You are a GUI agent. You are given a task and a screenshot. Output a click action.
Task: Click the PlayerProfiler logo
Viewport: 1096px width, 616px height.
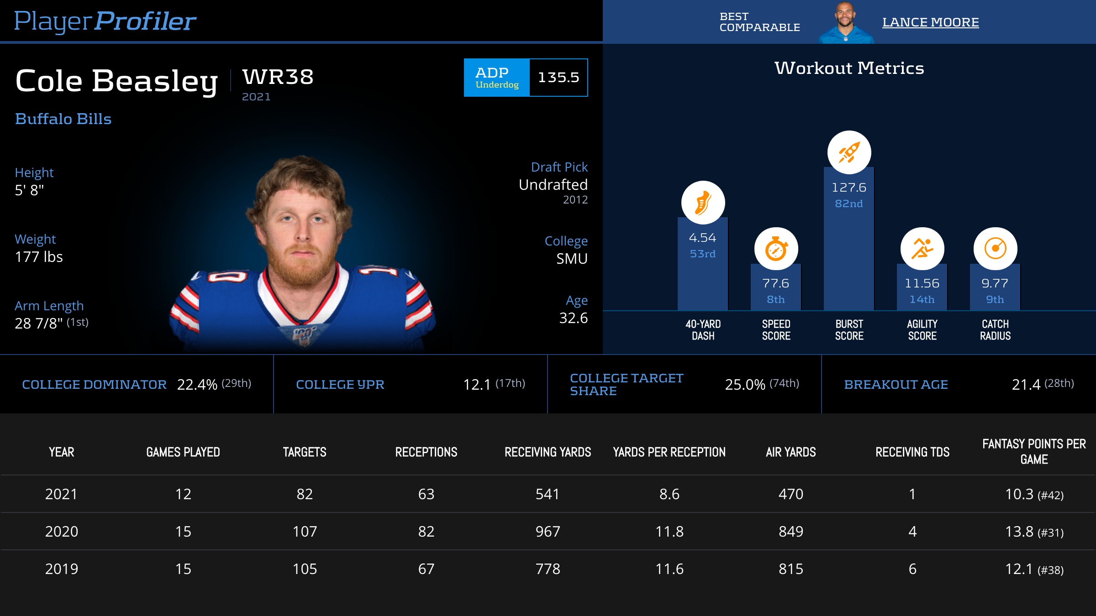point(105,21)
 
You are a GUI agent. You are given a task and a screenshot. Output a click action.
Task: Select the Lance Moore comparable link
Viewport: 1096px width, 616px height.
point(930,22)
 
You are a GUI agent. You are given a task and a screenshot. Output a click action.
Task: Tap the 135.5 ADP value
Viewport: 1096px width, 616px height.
point(558,78)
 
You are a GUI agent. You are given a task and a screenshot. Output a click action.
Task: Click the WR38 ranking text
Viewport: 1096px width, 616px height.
point(278,77)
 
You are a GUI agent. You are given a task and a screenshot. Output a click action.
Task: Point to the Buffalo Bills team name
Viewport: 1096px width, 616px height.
point(63,119)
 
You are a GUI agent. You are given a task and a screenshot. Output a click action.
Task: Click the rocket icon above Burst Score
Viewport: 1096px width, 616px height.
point(849,152)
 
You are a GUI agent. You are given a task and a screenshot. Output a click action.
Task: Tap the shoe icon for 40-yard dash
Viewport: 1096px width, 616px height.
point(703,203)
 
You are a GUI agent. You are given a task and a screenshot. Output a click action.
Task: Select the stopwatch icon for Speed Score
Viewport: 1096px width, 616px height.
point(776,249)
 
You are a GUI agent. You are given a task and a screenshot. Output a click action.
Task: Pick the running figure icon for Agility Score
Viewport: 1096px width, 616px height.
point(922,249)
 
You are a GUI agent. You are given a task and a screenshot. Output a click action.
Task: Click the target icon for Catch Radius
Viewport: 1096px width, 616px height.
point(995,249)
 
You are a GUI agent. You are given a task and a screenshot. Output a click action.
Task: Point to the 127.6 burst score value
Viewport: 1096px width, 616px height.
point(849,188)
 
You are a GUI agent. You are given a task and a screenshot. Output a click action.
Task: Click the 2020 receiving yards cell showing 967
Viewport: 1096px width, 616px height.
point(548,532)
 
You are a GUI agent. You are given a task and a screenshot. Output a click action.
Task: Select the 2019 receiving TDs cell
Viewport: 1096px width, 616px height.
point(912,569)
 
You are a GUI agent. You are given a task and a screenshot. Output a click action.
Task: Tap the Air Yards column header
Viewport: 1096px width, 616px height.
point(790,452)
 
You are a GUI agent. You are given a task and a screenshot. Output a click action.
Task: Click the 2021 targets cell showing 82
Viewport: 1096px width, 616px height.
point(305,494)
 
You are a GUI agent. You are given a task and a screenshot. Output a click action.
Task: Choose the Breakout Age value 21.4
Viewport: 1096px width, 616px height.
point(1026,385)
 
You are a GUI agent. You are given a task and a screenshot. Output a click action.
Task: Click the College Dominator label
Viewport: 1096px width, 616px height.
point(94,385)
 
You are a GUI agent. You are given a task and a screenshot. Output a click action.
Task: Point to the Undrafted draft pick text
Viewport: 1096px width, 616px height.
point(553,185)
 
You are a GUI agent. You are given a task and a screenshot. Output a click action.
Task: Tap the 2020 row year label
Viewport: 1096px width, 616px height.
point(62,532)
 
